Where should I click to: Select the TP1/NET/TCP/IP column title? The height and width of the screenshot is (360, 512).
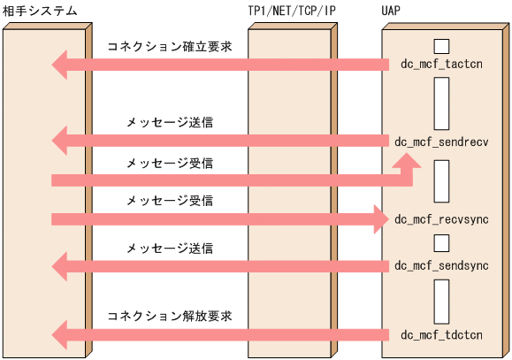coord(292,11)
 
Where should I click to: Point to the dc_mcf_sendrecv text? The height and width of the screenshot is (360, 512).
coord(441,141)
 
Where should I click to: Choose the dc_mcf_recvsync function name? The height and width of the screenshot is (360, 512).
coord(441,218)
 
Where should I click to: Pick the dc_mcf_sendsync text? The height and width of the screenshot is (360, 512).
coord(441,264)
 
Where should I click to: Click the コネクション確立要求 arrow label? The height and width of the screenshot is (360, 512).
coord(170,45)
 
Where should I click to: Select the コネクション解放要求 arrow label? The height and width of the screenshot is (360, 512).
coord(170,315)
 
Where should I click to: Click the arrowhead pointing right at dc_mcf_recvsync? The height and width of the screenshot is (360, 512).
coord(380,218)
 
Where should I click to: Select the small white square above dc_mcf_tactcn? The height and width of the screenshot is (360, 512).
coord(442,45)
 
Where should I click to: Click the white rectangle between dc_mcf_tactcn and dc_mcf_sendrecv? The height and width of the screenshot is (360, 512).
coord(442,103)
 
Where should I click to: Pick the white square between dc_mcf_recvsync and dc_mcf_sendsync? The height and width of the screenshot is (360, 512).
coord(442,241)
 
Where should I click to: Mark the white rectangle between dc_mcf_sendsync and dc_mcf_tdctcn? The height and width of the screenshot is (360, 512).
coord(442,300)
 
